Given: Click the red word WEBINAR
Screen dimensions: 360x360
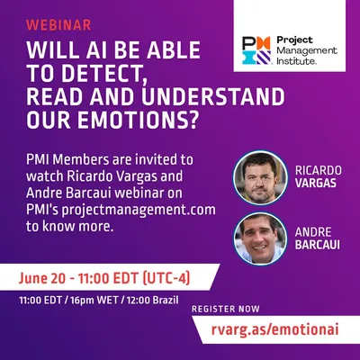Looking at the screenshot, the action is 58,25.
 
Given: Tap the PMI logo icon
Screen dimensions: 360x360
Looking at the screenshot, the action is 256,50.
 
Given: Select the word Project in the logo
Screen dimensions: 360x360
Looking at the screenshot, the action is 290,40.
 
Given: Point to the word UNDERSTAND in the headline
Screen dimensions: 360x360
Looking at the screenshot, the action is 213,96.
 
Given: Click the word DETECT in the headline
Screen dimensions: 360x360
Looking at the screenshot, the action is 101,73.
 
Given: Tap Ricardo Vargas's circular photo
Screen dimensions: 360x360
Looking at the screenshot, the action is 260,178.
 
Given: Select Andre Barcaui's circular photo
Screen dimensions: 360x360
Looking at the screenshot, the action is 260,239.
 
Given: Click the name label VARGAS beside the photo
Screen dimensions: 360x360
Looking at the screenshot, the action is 316,183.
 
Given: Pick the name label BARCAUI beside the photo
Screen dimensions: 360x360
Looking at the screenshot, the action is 318,245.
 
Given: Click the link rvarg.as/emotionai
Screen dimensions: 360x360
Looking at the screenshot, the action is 274,329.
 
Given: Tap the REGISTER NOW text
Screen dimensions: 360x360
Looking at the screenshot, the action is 226,309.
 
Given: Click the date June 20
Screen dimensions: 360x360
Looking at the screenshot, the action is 41,279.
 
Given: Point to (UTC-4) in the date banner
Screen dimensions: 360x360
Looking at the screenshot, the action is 166,278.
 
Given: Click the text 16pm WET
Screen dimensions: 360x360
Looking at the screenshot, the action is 94,300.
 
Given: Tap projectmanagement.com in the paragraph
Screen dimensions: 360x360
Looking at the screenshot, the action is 139,210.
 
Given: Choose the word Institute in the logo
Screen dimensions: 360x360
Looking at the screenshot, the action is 295,61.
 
